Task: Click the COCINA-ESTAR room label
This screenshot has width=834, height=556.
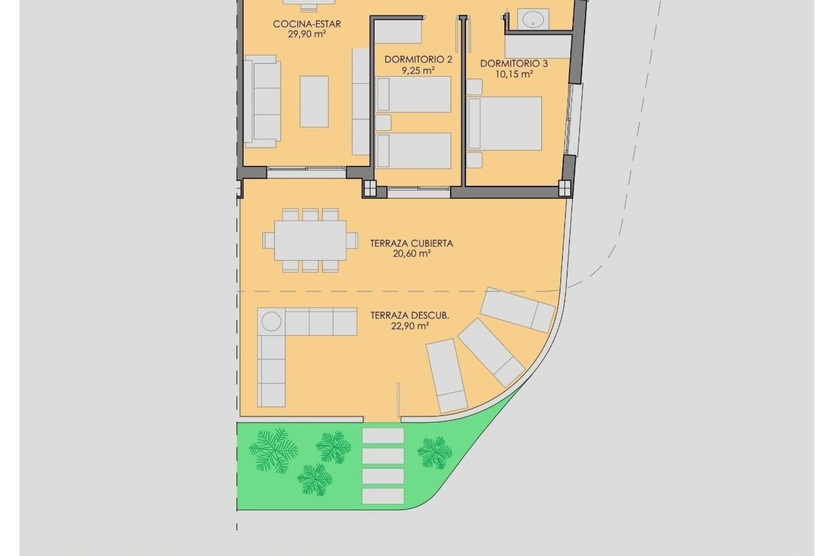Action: (x=307, y=24)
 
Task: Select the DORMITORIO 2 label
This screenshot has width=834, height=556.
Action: (x=418, y=60)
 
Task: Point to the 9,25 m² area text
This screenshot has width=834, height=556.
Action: (x=418, y=70)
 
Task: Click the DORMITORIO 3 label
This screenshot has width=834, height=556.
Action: (x=514, y=64)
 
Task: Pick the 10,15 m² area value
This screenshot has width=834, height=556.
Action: (x=514, y=74)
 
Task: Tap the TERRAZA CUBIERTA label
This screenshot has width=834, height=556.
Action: (x=411, y=243)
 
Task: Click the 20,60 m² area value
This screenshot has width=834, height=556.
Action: (x=411, y=254)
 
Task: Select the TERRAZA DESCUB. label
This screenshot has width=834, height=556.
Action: (x=410, y=315)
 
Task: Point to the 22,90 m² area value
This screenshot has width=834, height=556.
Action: (x=410, y=326)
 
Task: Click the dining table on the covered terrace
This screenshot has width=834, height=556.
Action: (x=310, y=240)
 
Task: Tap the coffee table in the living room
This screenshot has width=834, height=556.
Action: (x=314, y=102)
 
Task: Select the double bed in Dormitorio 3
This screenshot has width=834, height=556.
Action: (x=505, y=124)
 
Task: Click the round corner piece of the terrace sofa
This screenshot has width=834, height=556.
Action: (x=271, y=322)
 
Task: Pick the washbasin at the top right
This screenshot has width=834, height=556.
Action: (x=532, y=19)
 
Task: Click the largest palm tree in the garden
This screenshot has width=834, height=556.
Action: (x=273, y=450)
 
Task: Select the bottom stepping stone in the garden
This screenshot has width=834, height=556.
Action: (x=383, y=496)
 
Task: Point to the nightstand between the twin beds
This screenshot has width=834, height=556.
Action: (x=384, y=122)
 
